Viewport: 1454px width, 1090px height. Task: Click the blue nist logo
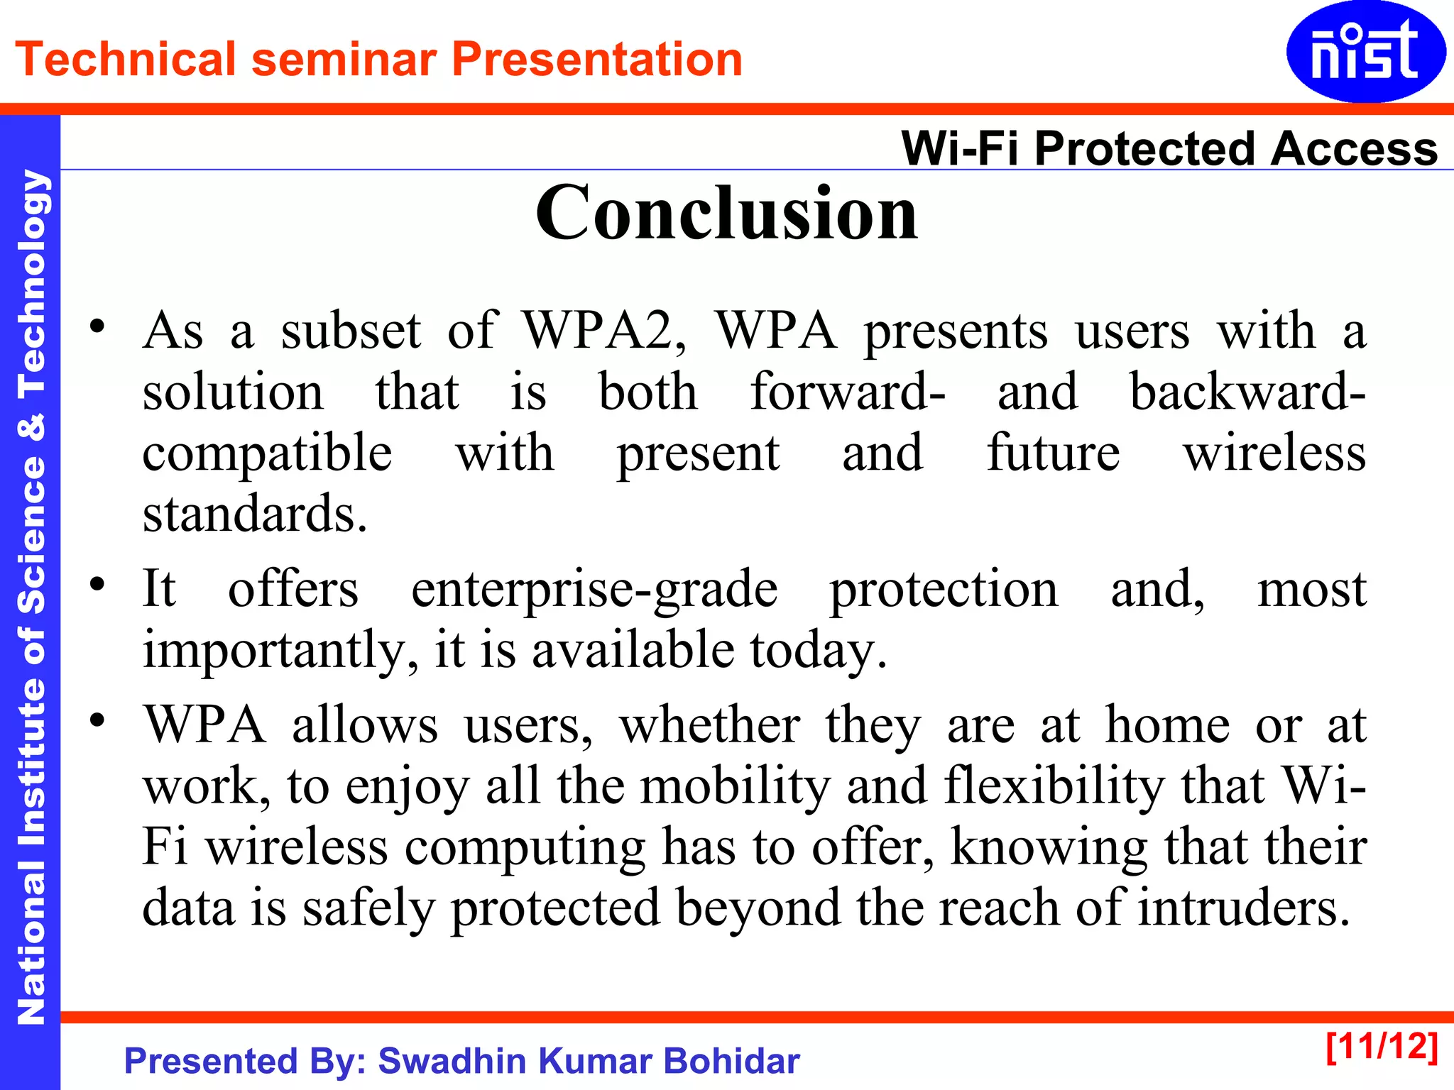tap(1365, 52)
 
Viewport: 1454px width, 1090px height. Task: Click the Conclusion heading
tap(726, 213)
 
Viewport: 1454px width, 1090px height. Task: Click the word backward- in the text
tap(1247, 392)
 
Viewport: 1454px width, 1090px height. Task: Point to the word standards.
tap(254, 514)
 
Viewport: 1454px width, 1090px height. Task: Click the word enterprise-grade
tap(594, 590)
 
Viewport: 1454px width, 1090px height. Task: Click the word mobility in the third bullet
tap(736, 786)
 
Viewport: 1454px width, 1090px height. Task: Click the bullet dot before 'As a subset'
tap(97, 327)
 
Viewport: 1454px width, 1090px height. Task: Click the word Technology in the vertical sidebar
tap(31, 284)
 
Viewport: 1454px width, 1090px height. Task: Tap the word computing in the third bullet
tap(525, 848)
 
